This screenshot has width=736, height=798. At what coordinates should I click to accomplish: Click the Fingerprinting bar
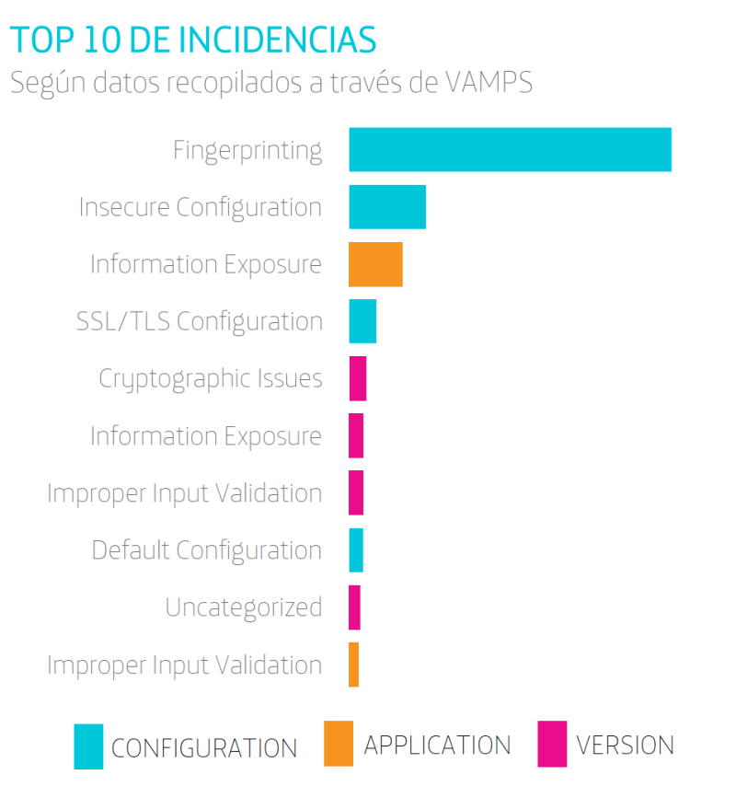click(510, 149)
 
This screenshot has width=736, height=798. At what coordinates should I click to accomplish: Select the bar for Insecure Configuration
click(387, 206)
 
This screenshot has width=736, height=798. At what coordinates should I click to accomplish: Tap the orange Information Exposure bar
click(375, 264)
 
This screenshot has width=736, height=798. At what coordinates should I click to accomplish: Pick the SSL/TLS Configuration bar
click(362, 321)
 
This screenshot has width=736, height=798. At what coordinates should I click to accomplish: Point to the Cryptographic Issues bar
click(358, 378)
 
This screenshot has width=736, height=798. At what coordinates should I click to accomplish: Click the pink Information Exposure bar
click(356, 435)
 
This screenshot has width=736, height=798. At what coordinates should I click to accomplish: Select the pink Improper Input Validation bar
click(356, 492)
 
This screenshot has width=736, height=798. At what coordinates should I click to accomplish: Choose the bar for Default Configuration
click(356, 549)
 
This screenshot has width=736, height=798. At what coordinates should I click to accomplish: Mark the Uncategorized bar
click(354, 607)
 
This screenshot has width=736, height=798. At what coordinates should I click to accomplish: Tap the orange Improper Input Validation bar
click(353, 665)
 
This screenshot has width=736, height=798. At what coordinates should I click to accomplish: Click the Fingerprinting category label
click(247, 150)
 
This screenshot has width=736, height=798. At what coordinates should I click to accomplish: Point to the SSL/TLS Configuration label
click(200, 321)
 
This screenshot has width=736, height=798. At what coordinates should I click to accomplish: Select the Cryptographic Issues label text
click(211, 378)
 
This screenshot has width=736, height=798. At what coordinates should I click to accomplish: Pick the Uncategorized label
click(244, 607)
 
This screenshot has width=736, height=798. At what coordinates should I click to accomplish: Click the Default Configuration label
click(207, 550)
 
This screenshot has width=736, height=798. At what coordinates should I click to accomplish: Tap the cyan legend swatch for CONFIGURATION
click(88, 746)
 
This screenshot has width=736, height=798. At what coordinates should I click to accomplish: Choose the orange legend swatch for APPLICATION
click(338, 744)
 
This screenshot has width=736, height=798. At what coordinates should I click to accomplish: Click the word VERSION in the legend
click(626, 745)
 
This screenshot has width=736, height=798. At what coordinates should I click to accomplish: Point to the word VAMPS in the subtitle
click(489, 82)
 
